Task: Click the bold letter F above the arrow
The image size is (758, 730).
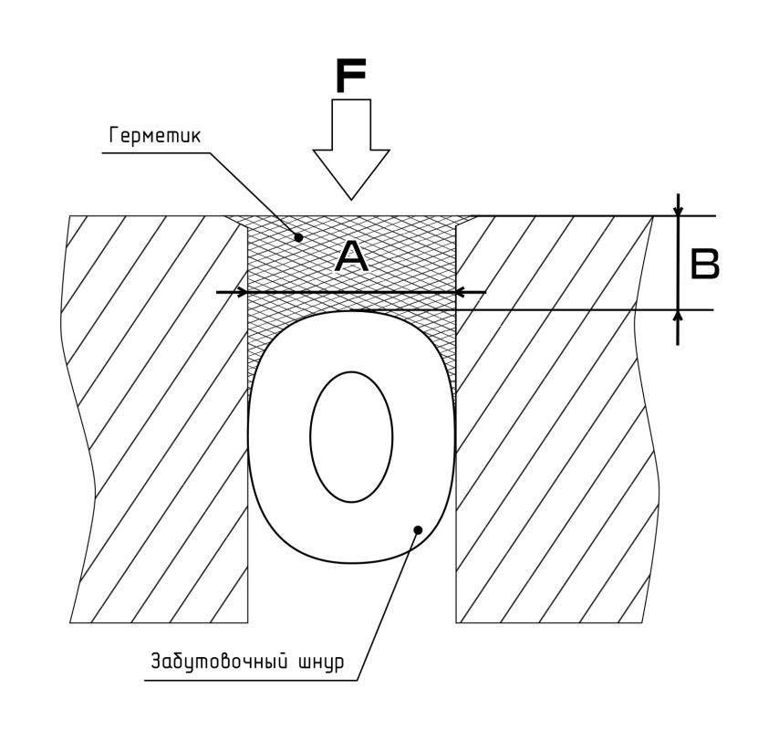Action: coord(351,77)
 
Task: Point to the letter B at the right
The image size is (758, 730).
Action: coord(704,264)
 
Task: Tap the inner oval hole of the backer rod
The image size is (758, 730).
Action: coord(351,436)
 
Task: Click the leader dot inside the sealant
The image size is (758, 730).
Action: coord(299,237)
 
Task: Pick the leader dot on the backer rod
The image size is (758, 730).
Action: coord(418,528)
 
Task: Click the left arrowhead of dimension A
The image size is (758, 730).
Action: coord(242,292)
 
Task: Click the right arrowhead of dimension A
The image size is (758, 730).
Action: coord(462,292)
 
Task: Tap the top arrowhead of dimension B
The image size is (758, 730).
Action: coord(678,210)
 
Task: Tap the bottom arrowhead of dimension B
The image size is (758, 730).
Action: coord(678,316)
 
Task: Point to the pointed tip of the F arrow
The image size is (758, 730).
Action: coord(351,197)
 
